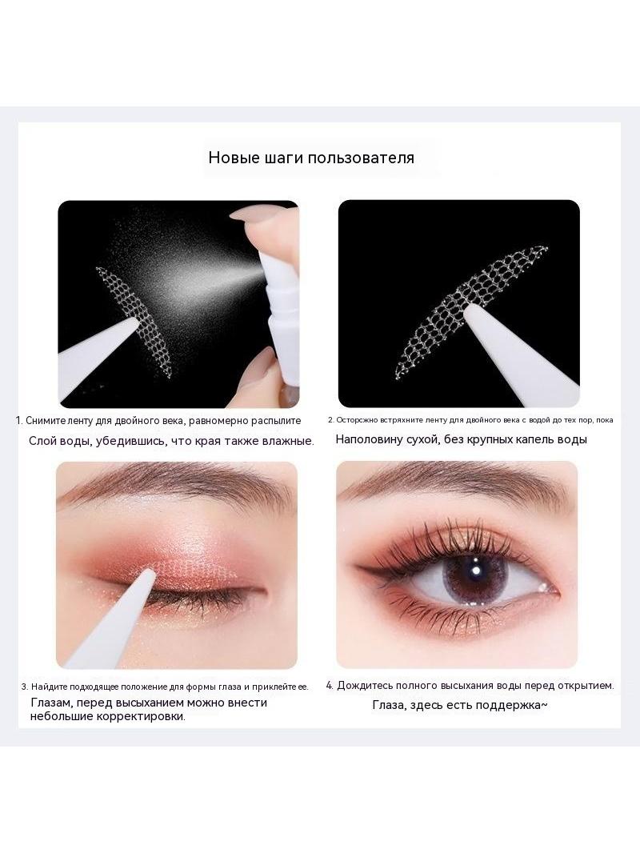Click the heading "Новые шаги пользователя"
311,158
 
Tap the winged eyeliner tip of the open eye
360,568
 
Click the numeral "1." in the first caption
19,421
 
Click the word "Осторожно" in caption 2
356,420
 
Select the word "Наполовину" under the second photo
368,439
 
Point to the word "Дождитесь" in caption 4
363,686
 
